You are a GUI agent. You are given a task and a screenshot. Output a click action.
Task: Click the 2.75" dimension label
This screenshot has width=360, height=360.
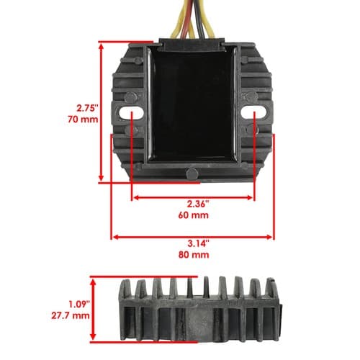[x=88, y=108]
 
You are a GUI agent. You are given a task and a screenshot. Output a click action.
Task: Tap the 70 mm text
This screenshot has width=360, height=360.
[x=83, y=120]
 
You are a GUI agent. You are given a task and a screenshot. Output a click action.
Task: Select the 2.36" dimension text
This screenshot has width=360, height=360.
[x=198, y=204]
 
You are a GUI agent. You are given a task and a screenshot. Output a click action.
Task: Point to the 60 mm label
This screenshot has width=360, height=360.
[x=194, y=215]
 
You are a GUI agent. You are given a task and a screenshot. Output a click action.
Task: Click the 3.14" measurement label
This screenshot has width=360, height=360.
[x=198, y=243]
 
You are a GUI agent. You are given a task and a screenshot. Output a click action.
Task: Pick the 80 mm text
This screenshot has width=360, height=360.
[x=194, y=255]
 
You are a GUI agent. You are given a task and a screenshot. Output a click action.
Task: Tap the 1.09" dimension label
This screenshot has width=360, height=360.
[x=79, y=305]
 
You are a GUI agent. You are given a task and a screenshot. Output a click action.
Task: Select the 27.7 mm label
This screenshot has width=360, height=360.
[x=71, y=315]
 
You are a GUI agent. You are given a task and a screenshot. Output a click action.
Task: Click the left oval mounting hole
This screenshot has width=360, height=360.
[x=131, y=112]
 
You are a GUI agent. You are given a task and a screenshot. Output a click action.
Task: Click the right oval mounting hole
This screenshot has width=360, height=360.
[x=254, y=112]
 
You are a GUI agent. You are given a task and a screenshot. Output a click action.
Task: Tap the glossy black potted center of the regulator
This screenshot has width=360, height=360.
[x=193, y=106]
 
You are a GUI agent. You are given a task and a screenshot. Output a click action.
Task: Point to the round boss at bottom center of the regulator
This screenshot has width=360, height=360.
[x=192, y=174]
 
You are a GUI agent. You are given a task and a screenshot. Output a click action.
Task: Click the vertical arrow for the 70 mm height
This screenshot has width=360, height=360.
[x=101, y=112]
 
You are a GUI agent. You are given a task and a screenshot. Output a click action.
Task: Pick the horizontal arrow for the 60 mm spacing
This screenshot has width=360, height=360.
[x=193, y=197]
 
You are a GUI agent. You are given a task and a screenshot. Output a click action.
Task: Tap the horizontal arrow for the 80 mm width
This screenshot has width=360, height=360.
[x=192, y=237]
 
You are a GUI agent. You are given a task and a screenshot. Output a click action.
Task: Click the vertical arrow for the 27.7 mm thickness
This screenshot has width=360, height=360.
[x=93, y=309]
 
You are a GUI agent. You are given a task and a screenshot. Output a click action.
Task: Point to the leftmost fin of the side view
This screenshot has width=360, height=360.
[x=125, y=289]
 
